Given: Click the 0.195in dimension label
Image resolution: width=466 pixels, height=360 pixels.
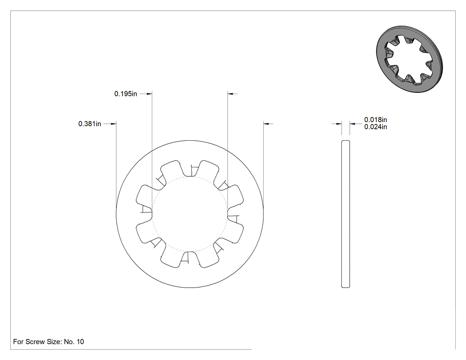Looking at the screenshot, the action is pos(126,94).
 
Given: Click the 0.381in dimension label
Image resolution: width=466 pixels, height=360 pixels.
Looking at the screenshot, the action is pos(90,124).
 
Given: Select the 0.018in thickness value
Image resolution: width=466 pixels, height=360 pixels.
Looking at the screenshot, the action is pos(375,120).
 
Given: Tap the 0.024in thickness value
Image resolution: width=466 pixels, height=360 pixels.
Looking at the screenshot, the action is pos(375,127).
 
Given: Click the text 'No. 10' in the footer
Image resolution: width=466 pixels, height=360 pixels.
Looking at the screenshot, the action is pos(74,342).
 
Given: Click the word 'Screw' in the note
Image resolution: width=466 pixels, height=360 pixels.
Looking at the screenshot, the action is pos(36,342).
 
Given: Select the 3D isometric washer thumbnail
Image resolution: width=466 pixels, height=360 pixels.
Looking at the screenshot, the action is pos(409,59).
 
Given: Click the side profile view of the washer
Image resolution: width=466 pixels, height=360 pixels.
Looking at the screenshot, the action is pos(346,214).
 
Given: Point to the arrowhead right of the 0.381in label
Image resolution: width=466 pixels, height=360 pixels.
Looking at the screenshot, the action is pos(114,124).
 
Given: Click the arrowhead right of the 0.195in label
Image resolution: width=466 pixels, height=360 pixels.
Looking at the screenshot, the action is pos(150,94).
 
